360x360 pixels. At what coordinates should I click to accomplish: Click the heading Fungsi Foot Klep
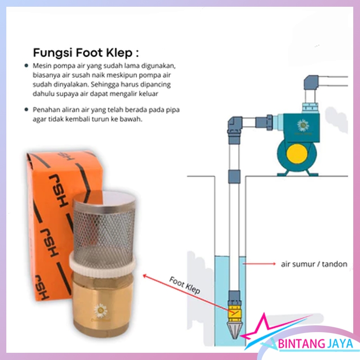(86, 53)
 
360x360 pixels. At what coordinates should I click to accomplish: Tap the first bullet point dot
(27, 66)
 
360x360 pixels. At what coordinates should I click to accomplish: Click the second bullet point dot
(27, 109)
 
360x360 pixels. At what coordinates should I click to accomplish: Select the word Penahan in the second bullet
(44, 110)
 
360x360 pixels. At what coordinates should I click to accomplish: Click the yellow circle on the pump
(297, 154)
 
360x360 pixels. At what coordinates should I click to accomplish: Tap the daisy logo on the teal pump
(303, 126)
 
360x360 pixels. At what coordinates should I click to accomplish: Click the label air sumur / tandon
(314, 264)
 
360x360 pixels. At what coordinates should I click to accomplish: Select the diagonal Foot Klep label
(184, 285)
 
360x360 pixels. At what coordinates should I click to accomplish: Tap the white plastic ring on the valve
(103, 264)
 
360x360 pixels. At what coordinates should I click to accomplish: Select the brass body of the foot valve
(103, 303)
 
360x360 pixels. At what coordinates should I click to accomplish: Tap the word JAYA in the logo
(340, 344)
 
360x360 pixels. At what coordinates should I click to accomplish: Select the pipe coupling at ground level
(234, 176)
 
